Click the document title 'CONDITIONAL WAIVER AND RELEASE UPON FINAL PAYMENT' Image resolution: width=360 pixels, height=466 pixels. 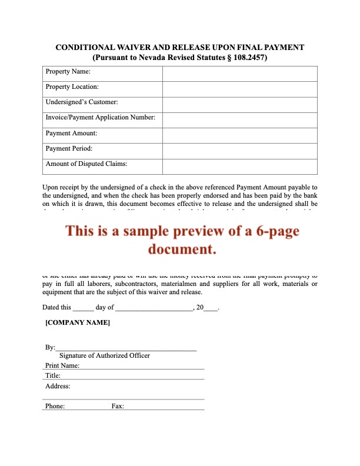[179, 47]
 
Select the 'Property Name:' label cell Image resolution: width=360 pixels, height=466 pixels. [68, 72]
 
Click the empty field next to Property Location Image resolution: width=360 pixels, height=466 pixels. [239, 88]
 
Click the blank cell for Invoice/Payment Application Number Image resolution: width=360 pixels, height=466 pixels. [239, 118]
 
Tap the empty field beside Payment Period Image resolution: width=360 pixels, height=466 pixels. [239, 149]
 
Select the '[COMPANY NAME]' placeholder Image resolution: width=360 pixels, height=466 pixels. [78, 323]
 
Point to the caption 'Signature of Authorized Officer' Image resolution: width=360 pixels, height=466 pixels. [105, 355]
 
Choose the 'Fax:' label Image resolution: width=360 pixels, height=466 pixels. [118, 407]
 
